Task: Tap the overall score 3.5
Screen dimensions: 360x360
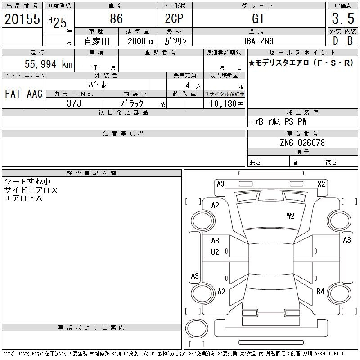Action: point(342,18)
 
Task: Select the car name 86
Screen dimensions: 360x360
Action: point(116,18)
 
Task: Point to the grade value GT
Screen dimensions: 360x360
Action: point(258,18)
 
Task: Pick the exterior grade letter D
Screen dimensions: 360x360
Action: point(335,40)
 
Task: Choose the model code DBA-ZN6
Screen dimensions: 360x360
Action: point(258,40)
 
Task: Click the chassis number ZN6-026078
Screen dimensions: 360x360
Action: point(302,143)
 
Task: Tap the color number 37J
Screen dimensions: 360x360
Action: point(74,103)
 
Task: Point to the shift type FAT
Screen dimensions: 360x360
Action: point(13,94)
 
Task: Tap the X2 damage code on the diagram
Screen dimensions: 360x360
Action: point(321,184)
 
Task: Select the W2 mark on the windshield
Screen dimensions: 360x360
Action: point(290,216)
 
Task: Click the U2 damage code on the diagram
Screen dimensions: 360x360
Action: point(215,252)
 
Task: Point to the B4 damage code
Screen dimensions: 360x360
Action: point(320,292)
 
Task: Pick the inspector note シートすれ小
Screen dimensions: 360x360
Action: point(27,182)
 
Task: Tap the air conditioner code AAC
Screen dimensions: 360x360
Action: point(35,94)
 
